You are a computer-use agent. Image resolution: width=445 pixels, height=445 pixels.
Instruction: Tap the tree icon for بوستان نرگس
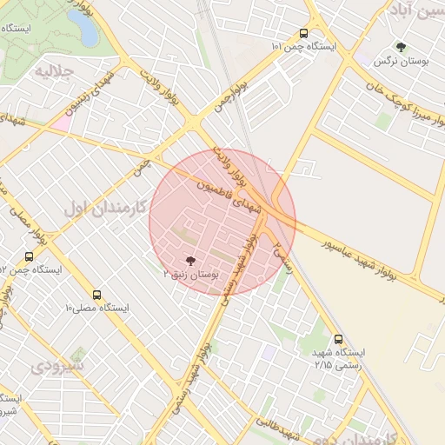(400, 47)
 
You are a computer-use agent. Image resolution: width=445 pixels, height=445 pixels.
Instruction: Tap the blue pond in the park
(87, 28)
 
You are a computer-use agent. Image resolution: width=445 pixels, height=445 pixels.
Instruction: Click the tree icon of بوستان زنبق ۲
(189, 259)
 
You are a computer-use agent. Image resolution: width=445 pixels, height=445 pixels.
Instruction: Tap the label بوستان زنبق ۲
(192, 274)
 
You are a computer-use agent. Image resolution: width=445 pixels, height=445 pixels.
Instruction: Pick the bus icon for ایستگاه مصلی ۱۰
(96, 294)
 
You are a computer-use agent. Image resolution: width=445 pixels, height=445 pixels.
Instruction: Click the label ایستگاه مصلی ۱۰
(96, 308)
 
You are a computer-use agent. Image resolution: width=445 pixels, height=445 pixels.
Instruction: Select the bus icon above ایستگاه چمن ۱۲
(30, 256)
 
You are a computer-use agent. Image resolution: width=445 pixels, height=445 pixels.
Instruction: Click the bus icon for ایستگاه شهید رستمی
(338, 339)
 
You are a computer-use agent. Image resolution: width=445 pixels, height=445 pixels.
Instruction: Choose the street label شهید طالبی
(278, 429)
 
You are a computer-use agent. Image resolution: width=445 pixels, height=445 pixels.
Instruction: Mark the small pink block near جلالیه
(61, 123)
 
